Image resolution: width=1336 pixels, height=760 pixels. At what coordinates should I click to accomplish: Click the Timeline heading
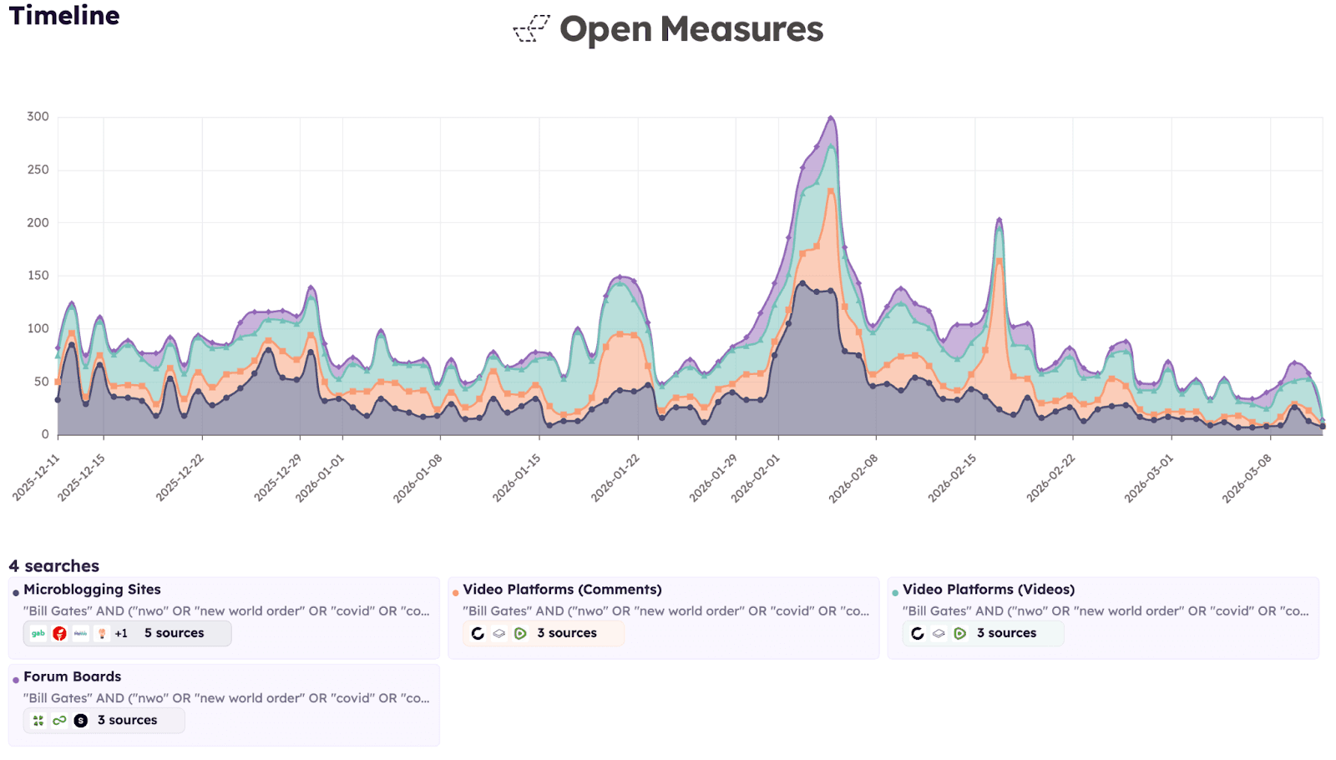tap(64, 15)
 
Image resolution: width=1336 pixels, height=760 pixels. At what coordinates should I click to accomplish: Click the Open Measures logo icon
tap(531, 28)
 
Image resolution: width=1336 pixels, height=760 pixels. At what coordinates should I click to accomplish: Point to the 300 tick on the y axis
tap(38, 117)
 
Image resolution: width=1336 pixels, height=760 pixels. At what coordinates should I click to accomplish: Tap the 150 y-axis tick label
tap(38, 276)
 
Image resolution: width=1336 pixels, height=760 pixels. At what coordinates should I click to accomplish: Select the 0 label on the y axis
tap(45, 434)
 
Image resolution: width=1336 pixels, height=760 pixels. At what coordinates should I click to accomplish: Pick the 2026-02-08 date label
tap(853, 478)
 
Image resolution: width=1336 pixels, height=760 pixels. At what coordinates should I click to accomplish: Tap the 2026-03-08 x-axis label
tap(1247, 478)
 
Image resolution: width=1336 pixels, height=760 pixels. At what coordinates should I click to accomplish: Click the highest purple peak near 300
tap(831, 118)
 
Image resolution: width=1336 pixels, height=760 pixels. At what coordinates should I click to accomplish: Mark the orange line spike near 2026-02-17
tap(999, 261)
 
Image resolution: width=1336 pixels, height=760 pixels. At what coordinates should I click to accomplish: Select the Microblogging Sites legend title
tap(92, 590)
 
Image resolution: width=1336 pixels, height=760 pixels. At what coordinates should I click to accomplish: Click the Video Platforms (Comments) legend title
tap(562, 590)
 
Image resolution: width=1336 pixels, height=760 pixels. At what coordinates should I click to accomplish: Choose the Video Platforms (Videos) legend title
tap(988, 590)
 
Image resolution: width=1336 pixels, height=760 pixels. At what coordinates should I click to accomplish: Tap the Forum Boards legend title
tap(72, 676)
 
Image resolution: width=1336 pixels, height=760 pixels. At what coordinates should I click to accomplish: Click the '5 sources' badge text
tap(174, 633)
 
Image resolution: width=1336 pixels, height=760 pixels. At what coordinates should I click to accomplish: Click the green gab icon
tap(38, 633)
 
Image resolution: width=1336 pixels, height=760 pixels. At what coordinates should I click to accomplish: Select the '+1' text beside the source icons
tap(121, 633)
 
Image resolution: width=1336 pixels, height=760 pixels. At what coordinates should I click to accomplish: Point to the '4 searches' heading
tap(53, 566)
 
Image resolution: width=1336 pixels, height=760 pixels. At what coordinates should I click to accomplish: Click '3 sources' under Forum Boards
tap(127, 720)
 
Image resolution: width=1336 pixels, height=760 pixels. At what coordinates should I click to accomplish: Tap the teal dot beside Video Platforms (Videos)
tap(895, 593)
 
